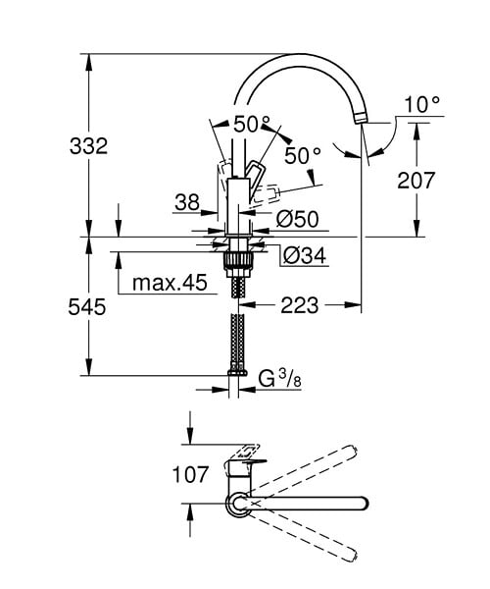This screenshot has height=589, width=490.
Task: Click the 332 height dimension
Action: coord(88,145)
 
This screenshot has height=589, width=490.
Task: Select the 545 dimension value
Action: coord(87,307)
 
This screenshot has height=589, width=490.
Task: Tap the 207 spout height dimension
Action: coord(416,181)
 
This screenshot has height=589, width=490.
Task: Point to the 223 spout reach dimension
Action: coord(300,305)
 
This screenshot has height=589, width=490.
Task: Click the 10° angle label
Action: coord(422,104)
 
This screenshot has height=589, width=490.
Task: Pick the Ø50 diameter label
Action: coord(297,219)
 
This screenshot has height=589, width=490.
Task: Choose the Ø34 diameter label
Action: coord(305,256)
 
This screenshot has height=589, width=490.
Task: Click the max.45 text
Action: coord(170,283)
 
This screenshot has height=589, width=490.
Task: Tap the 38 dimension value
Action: coord(187,203)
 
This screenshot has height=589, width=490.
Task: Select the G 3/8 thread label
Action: coord(279,379)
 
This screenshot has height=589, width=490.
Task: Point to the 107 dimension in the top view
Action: coord(190,474)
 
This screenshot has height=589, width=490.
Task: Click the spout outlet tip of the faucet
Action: coord(361,119)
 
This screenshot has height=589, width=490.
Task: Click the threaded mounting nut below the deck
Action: coord(239,261)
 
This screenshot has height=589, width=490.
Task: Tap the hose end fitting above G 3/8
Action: coord(237,372)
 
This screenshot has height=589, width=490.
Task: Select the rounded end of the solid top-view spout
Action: coord(363,504)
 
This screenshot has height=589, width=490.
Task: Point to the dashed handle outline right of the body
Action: coord(267,194)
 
